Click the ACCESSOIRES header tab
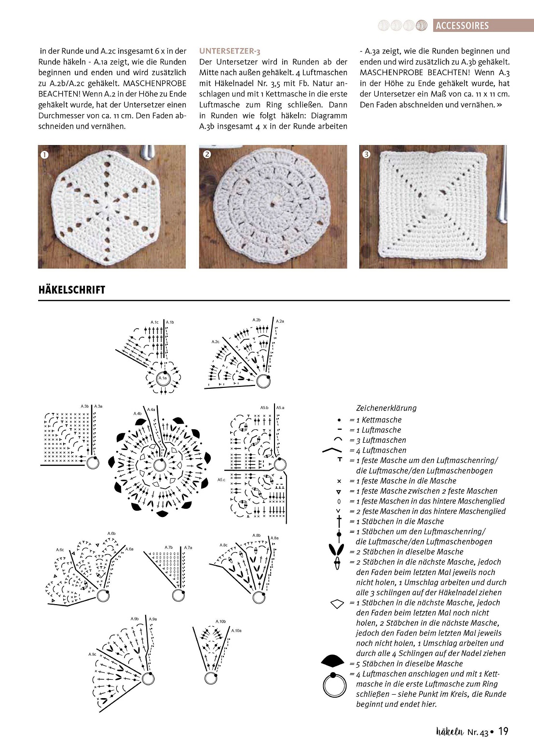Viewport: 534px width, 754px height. [x=462, y=26]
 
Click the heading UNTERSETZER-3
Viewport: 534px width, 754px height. [x=230, y=51]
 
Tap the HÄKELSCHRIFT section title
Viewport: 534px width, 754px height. [x=72, y=290]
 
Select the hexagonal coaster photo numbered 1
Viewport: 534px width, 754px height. [x=112, y=207]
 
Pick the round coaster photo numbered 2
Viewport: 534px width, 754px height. [x=273, y=207]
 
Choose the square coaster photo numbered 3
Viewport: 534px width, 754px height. [x=433, y=207]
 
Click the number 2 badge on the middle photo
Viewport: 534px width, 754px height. [x=207, y=154]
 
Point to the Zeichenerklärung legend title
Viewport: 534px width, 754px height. [x=386, y=408]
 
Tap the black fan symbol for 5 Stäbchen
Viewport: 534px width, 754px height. [x=333, y=661]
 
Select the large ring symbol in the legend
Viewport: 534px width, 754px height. [x=334, y=685]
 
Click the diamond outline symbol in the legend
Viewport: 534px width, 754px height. [x=337, y=603]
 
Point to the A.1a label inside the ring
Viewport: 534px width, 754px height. [x=163, y=378]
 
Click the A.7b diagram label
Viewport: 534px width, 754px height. [x=169, y=547]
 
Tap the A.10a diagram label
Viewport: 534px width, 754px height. [x=236, y=630]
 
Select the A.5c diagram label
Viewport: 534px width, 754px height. [x=221, y=480]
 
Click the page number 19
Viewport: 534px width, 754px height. [x=503, y=731]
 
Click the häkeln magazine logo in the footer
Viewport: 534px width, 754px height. [x=450, y=731]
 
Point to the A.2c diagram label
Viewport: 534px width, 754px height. [x=215, y=342]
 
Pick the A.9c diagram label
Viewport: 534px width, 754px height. [x=92, y=654]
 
